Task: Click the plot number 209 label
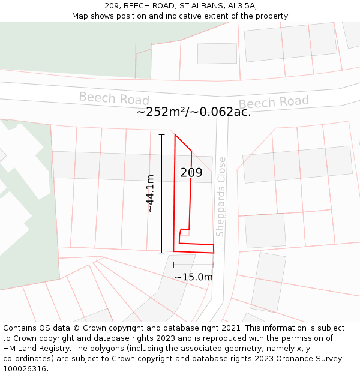point(191,173)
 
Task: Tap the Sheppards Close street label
point(221,197)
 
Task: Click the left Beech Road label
point(114,98)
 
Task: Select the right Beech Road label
point(274,103)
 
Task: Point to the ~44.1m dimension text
point(150,193)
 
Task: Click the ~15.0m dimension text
point(194,277)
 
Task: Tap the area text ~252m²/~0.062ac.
point(193,112)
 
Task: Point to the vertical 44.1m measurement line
point(161,193)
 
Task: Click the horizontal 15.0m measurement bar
point(193,264)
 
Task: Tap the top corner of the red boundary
point(175,135)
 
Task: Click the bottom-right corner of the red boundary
point(214,253)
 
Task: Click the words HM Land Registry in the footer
point(32,348)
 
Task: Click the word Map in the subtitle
point(80,16)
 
